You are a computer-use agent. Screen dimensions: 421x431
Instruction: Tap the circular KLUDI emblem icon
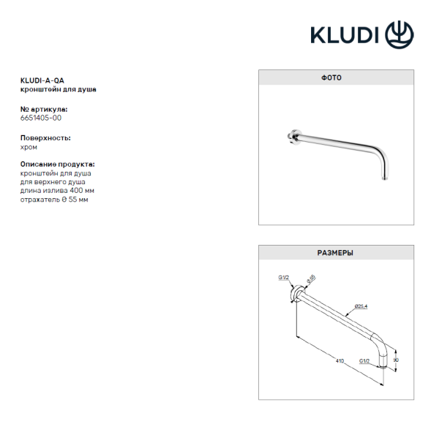[x=399, y=33]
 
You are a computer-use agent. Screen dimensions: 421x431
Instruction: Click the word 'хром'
[x=29, y=146]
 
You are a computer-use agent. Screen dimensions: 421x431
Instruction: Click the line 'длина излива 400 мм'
[x=57, y=191]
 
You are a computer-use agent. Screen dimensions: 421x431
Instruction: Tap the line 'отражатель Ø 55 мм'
[x=54, y=200]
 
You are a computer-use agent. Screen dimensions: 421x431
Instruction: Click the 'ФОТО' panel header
[x=335, y=77]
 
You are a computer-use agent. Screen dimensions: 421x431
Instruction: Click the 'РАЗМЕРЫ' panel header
[x=335, y=253]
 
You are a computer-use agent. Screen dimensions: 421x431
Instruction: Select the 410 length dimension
[x=340, y=360]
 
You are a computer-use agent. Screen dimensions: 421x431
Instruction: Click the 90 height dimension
[x=396, y=359]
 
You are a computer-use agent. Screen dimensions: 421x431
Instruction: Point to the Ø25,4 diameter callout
[x=360, y=306]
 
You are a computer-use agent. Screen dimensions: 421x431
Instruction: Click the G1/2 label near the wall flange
[x=284, y=277]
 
